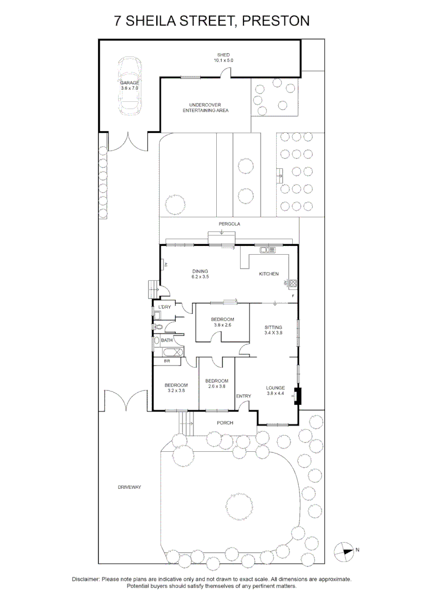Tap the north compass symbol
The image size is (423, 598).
coord(344,550)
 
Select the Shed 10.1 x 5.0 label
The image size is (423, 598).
coord(223,58)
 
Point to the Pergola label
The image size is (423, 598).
coord(228,224)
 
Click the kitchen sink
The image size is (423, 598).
coord(267,251)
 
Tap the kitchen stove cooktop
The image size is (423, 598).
coord(292,284)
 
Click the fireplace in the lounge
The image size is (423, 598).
coord(297,395)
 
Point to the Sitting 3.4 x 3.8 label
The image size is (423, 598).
coord(273,330)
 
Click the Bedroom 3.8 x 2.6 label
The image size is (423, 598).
coord(222,322)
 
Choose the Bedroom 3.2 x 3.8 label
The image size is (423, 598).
coord(175,388)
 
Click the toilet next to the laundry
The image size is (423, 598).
coord(159,327)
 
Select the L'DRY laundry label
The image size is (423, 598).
coord(165,307)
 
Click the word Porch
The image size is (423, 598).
coord(225,423)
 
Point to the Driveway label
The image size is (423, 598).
coord(130,487)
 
